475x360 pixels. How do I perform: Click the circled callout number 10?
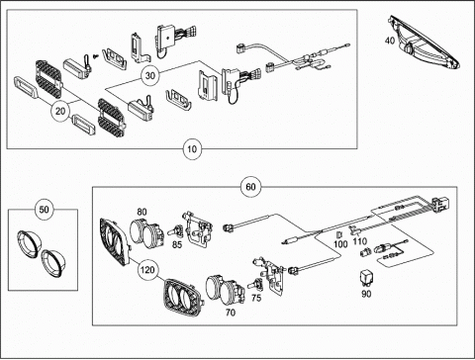pos(192,149)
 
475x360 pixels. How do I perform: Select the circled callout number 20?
pos(60,111)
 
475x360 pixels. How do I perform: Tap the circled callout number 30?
pos(150,75)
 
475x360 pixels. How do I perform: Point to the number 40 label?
pos(390,41)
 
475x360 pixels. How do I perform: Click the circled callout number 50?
pos(44,210)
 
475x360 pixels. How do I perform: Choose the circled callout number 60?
pos(250,187)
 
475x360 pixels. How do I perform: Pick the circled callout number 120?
pos(147,270)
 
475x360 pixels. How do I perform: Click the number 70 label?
pos(231,312)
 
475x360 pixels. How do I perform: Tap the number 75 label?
pos(256,298)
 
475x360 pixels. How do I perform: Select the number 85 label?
pos(177,244)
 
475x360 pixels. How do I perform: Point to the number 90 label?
pos(366,294)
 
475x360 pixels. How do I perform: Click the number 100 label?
pos(340,244)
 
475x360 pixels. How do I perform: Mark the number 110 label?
pos(359,241)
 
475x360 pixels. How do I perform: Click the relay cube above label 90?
pos(366,278)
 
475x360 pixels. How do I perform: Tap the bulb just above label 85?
pos(176,230)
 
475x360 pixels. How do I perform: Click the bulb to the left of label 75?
pos(255,284)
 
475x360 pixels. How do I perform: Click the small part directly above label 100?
pos(339,234)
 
